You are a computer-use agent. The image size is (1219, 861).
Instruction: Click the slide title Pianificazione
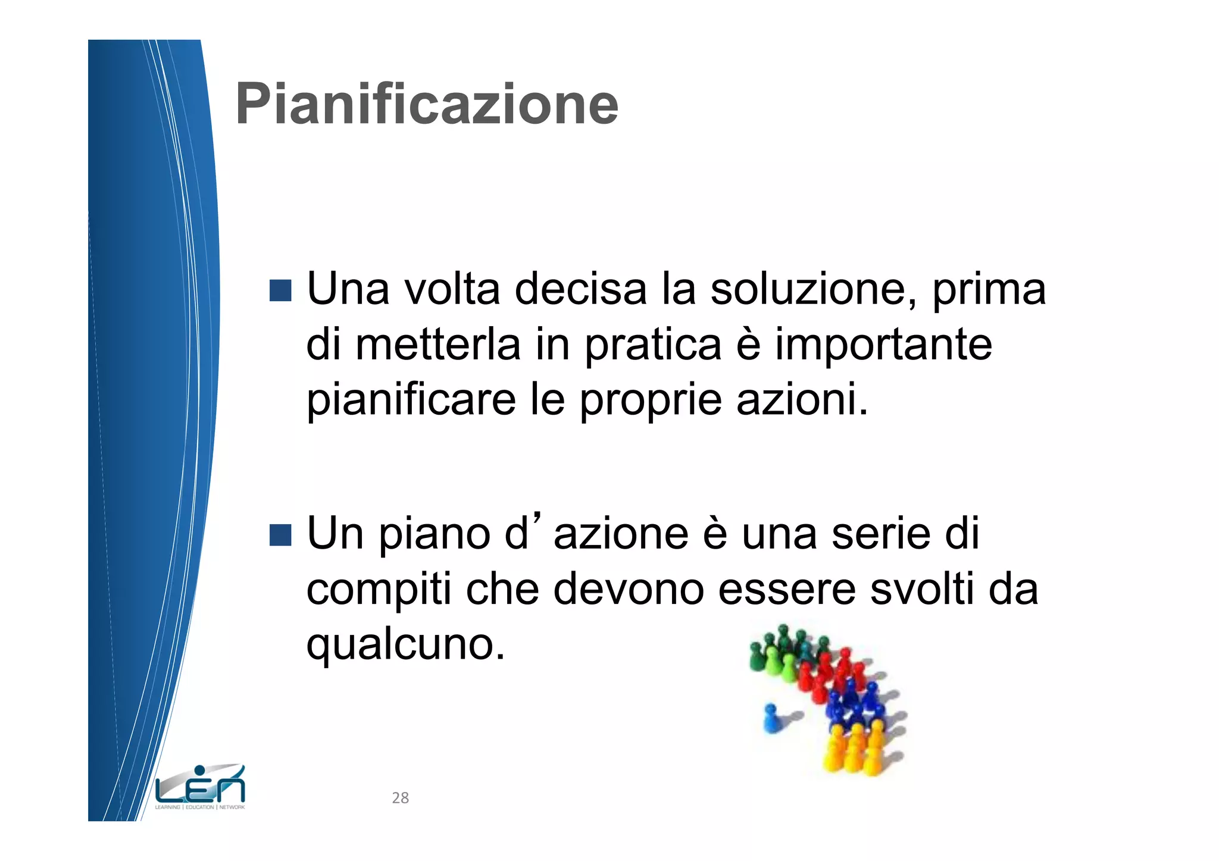tap(427, 105)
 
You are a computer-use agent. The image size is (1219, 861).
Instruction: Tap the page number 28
tap(400, 798)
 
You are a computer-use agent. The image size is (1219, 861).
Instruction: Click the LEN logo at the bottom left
tap(200, 788)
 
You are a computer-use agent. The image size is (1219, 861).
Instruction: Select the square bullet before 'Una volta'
tap(280, 290)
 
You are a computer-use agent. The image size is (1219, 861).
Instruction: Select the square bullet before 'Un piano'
tap(280, 534)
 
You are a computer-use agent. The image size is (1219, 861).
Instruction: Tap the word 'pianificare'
tap(411, 400)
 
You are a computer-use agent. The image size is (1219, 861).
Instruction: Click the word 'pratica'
tap(653, 345)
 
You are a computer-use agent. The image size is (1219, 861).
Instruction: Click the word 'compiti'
tap(379, 589)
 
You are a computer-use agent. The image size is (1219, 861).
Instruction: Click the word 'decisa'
tap(580, 289)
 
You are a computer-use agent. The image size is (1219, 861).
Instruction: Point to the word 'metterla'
tap(437, 345)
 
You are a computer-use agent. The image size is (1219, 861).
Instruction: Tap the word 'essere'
tap(787, 589)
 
